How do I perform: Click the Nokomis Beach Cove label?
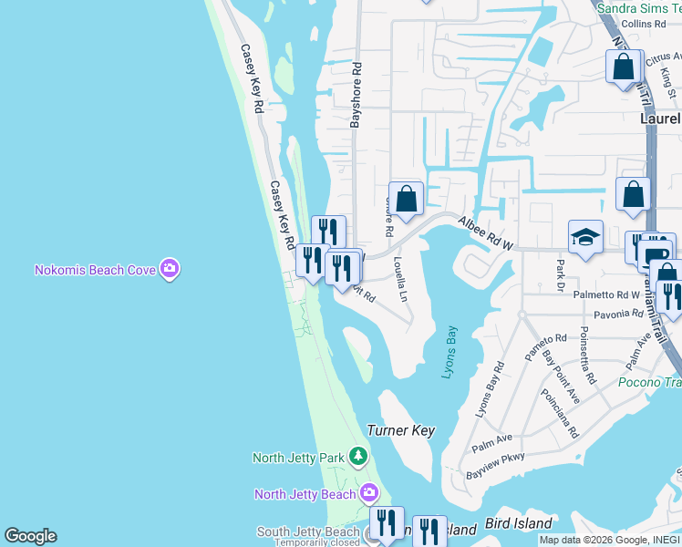click(x=95, y=270)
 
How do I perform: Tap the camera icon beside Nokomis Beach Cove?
click(x=169, y=269)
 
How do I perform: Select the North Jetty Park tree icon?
click(x=359, y=456)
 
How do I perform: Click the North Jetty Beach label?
click(x=305, y=494)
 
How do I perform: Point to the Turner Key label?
click(x=400, y=430)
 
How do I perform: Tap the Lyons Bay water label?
click(x=449, y=352)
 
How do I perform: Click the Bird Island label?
click(x=518, y=523)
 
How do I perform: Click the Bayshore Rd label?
click(x=357, y=94)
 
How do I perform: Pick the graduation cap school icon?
click(x=585, y=238)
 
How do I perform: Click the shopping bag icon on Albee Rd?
click(x=406, y=198)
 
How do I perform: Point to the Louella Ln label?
click(x=399, y=278)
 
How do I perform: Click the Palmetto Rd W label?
click(x=606, y=295)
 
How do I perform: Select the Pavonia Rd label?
click(x=618, y=315)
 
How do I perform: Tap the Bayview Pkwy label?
click(x=495, y=468)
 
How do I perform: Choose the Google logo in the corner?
click(x=30, y=536)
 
